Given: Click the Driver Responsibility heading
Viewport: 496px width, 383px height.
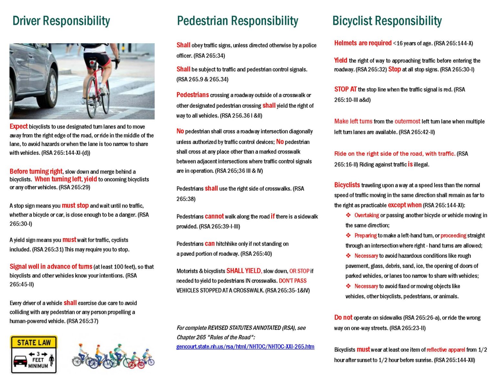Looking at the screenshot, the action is click(x=61, y=21).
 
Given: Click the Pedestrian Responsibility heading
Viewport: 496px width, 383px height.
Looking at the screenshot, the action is click(x=237, y=21).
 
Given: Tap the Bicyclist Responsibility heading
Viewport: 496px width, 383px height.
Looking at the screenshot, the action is click(x=387, y=21).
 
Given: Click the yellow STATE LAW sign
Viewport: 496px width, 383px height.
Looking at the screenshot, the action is click(x=34, y=354).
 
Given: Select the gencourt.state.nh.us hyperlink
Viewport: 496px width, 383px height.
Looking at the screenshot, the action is click(x=245, y=347).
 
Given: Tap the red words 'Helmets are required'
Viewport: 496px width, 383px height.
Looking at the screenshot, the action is click(x=363, y=43).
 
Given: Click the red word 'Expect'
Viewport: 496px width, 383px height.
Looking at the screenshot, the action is click(x=18, y=126).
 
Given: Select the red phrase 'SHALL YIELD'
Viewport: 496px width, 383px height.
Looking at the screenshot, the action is click(x=243, y=271).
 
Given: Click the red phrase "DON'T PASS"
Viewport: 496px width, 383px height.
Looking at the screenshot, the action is click(x=293, y=281).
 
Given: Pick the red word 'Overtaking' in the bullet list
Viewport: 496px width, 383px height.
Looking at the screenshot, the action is click(x=367, y=215).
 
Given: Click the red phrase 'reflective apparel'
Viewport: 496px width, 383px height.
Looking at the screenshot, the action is click(x=446, y=349).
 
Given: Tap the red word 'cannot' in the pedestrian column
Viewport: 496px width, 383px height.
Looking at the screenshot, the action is click(x=214, y=216).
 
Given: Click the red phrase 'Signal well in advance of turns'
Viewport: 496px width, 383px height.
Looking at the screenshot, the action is click(x=51, y=267).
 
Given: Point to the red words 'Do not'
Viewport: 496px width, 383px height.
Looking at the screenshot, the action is click(x=343, y=317).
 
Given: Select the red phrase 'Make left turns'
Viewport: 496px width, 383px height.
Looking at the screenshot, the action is click(x=353, y=121).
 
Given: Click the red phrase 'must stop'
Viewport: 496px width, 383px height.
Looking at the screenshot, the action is click(x=75, y=206).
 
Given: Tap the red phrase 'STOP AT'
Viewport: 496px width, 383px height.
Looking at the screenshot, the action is click(x=345, y=89).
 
